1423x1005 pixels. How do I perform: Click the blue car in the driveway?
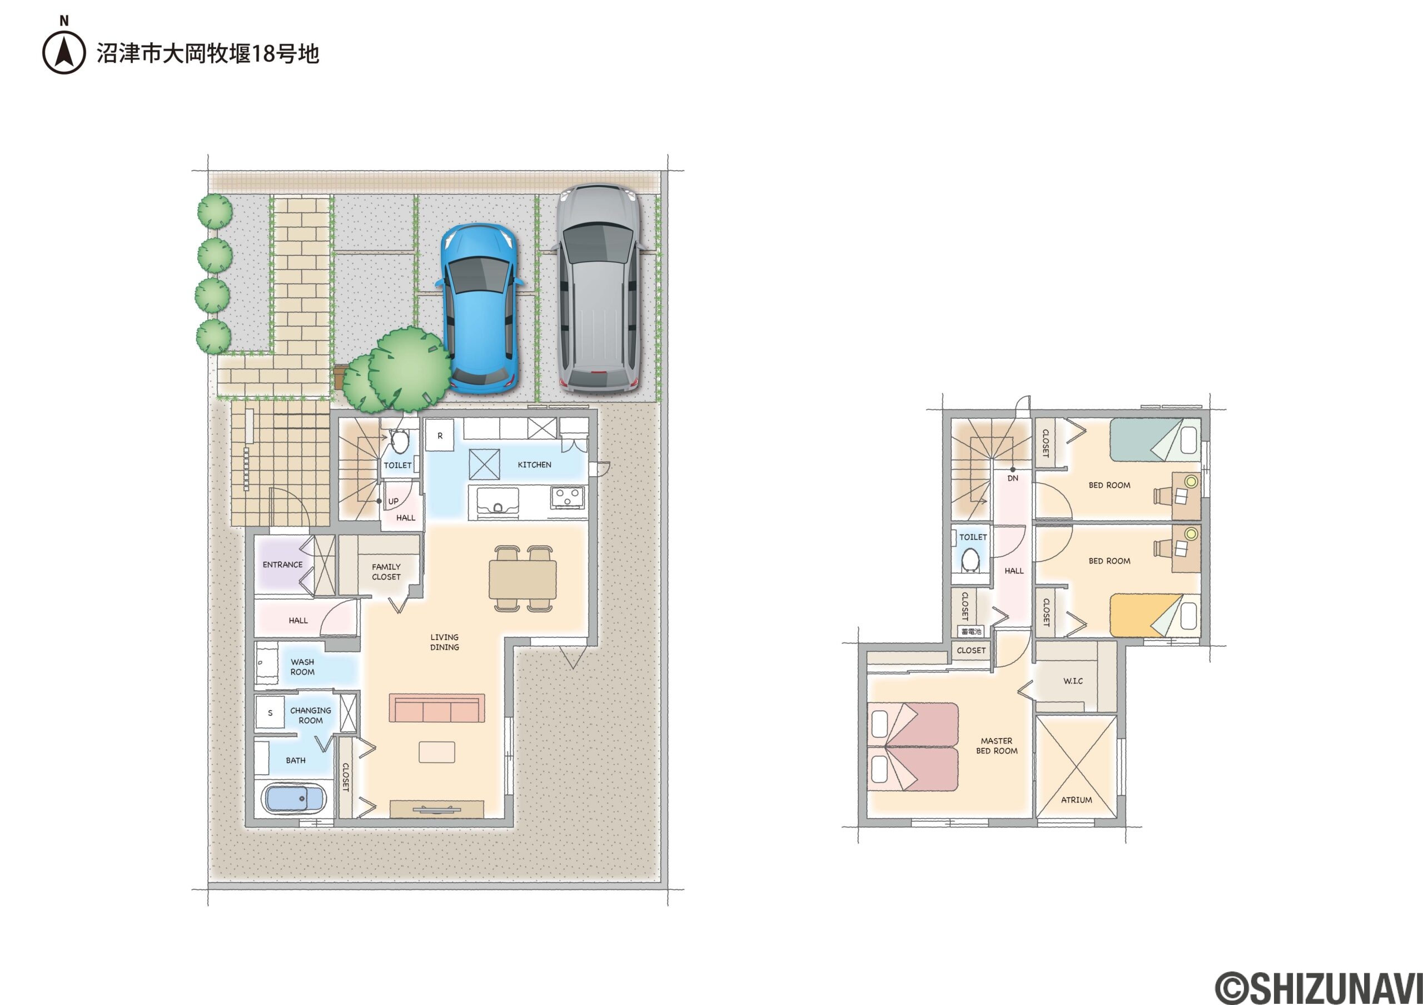click(x=479, y=308)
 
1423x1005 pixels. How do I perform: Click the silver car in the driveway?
click(x=598, y=288)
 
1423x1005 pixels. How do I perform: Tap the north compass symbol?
click(x=64, y=52)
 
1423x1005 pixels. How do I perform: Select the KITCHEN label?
click(x=534, y=464)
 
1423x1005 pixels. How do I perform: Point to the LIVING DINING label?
click(x=444, y=642)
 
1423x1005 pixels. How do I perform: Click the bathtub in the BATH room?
click(x=295, y=799)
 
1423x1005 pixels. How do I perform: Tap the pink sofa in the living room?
click(x=436, y=708)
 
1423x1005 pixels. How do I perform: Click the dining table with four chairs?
click(x=523, y=578)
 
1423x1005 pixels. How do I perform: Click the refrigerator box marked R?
click(x=440, y=435)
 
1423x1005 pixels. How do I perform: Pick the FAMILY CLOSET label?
click(x=386, y=572)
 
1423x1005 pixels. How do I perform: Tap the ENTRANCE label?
click(x=282, y=564)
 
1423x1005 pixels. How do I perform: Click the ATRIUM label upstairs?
click(x=1077, y=800)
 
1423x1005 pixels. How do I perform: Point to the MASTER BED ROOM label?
click(x=997, y=745)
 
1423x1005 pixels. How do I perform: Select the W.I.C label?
click(x=1073, y=681)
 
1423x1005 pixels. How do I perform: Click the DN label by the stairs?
click(x=1013, y=478)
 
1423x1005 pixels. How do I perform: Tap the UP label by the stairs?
click(x=394, y=501)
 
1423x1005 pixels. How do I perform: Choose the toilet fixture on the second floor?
click(x=969, y=561)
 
